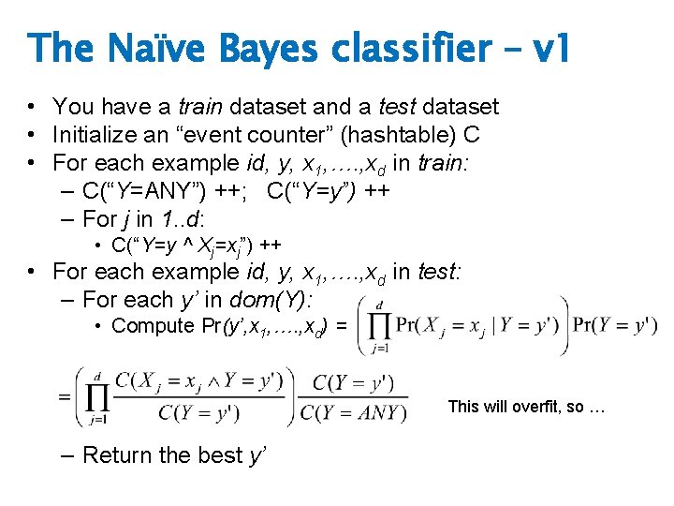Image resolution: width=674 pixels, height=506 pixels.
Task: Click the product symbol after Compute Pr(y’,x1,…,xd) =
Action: pyautogui.click(x=377, y=326)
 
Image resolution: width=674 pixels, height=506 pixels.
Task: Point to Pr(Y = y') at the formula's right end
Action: pyautogui.click(x=616, y=326)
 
